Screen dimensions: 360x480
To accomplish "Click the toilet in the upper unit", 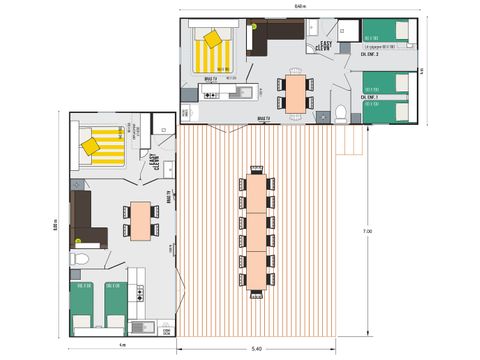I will point(341,110).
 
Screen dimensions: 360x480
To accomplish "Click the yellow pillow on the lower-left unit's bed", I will point(89,146).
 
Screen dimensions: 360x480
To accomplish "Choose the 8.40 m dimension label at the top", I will point(301,8).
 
